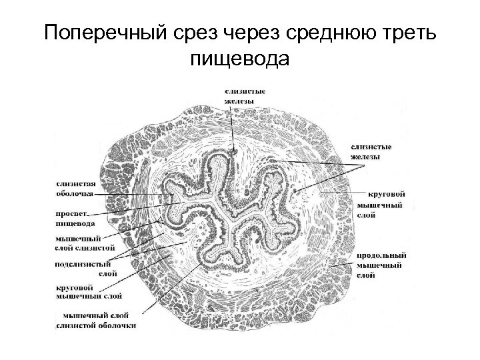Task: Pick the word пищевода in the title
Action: [240, 61]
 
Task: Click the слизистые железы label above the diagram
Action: [239, 96]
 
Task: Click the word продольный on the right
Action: [378, 256]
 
